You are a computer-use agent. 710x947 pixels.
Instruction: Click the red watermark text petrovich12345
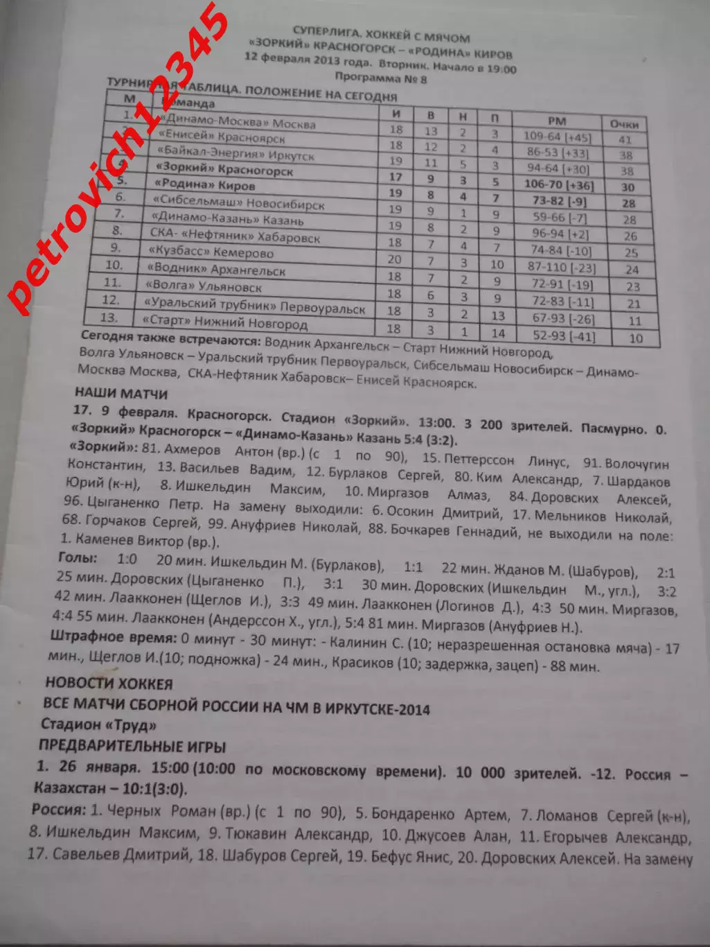(x=118, y=159)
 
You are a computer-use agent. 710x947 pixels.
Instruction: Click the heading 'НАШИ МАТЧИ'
(x=121, y=394)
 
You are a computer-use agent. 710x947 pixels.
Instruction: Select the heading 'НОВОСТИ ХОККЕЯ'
(x=109, y=684)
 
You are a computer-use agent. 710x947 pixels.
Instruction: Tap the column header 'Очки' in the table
(x=623, y=124)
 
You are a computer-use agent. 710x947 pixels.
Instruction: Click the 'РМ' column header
(x=556, y=121)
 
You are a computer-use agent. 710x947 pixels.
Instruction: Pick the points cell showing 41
(x=625, y=139)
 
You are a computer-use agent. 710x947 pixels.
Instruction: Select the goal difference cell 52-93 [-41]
(x=563, y=336)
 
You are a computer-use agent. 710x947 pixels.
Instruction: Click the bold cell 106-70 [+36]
(x=558, y=184)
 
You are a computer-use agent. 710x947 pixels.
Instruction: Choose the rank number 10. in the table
(x=113, y=265)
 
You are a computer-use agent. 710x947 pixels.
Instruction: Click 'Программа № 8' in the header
(x=380, y=78)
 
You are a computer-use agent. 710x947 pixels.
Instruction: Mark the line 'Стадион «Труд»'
(x=98, y=725)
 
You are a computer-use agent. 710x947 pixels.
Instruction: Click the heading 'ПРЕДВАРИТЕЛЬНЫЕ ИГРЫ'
(x=132, y=747)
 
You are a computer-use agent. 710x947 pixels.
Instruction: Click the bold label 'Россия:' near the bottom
(x=59, y=809)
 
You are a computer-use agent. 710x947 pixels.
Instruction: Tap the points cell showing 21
(x=633, y=304)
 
